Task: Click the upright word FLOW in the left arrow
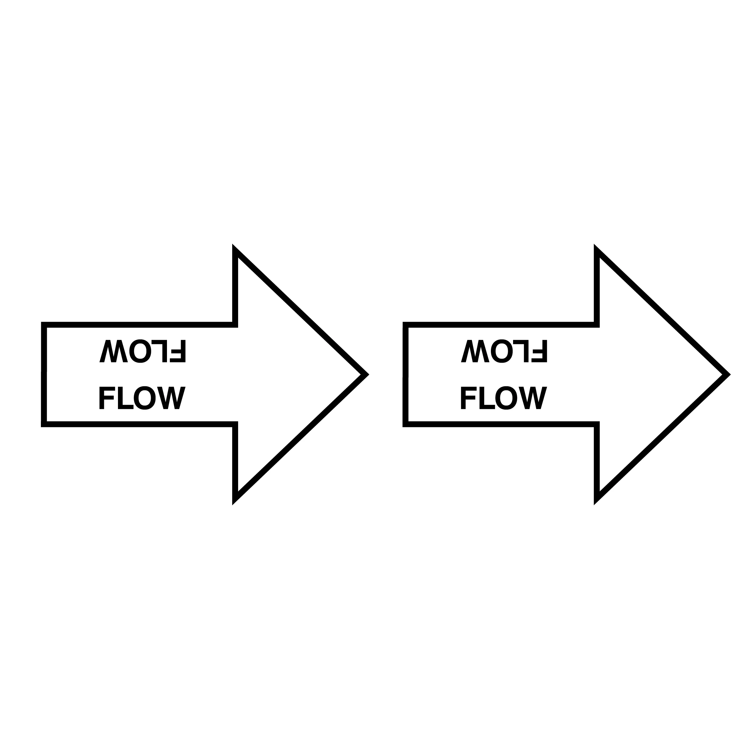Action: pyautogui.click(x=143, y=398)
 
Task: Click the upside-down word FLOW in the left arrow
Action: pyautogui.click(x=143, y=351)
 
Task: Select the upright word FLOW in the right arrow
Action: pyautogui.click(x=504, y=398)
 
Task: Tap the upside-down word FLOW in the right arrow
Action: pyautogui.click(x=504, y=351)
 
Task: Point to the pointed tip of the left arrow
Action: pyautogui.click(x=368, y=374)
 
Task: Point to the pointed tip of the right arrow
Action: pyautogui.click(x=729, y=374)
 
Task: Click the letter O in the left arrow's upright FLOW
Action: pyautogui.click(x=144, y=398)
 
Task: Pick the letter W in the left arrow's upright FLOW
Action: pyautogui.click(x=171, y=398)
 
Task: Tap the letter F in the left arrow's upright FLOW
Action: pyautogui.click(x=107, y=398)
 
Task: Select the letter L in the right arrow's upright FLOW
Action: pyautogui.click(x=487, y=398)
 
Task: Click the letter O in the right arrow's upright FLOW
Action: pyautogui.click(x=506, y=398)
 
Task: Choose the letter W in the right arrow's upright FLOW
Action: pyautogui.click(x=533, y=398)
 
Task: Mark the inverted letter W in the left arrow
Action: pyautogui.click(x=114, y=351)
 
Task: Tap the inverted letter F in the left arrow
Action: pyautogui.click(x=178, y=351)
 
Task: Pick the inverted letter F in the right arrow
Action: pyautogui.click(x=539, y=351)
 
